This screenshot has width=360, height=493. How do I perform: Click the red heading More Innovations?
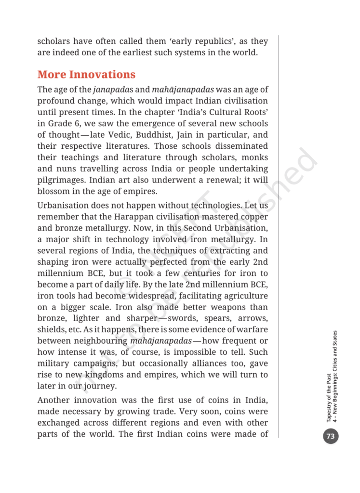pyautogui.click(x=86, y=75)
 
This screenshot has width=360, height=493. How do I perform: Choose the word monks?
pyautogui.click(x=254, y=157)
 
